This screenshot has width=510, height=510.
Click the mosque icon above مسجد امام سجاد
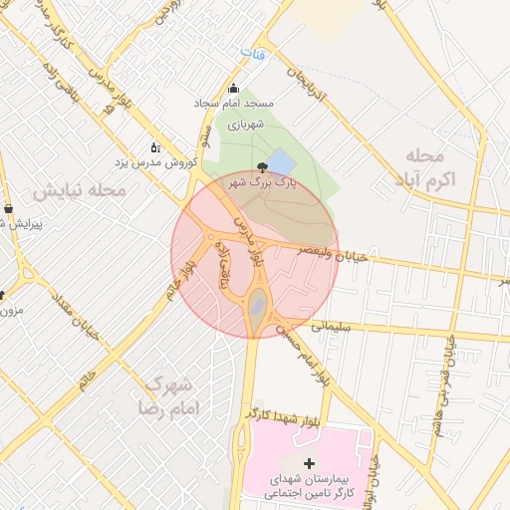coord(234,88)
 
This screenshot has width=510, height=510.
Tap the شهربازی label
coord(243,126)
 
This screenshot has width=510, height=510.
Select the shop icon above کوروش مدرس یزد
coord(154,145)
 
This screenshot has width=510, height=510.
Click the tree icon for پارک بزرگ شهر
coord(262,166)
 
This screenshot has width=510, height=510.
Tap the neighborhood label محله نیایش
coord(79,189)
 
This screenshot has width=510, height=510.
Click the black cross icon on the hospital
coord(309,463)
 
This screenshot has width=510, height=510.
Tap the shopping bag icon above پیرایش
coord(9,209)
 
